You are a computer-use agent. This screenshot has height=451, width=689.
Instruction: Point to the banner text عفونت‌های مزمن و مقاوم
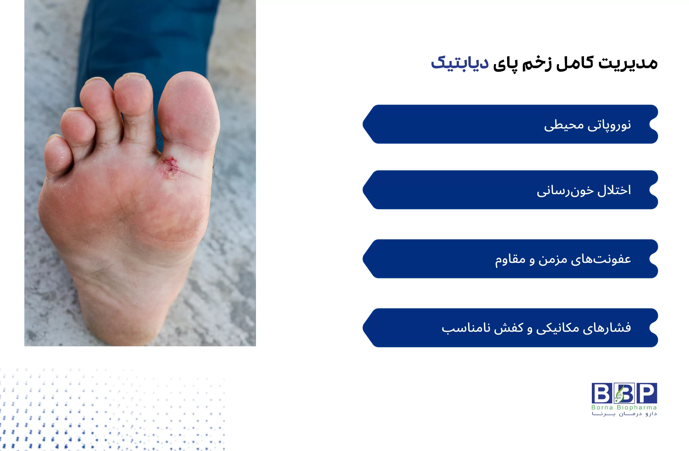pos(563,259)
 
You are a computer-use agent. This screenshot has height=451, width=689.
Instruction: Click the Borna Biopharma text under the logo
pos(624,408)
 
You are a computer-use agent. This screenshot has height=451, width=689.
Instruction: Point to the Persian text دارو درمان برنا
pos(624,414)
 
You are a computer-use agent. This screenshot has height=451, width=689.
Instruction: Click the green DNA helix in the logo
pos(620,394)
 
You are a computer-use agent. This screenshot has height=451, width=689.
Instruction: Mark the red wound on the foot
pos(170,168)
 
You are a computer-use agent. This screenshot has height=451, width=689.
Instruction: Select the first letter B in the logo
pos(602,393)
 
